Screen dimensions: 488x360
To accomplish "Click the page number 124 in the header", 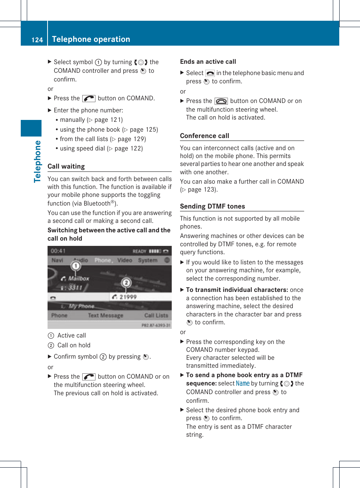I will (x=37, y=40).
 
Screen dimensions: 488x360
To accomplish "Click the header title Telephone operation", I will (x=91, y=39).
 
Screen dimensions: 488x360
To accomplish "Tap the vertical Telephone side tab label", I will (x=37, y=161).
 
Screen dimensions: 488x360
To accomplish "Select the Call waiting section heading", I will (x=66, y=166).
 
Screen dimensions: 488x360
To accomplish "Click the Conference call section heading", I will (x=205, y=136).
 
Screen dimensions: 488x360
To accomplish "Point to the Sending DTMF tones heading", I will (x=212, y=206).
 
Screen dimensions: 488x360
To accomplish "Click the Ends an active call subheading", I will (x=208, y=61).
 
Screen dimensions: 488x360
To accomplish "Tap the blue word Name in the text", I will (x=243, y=384).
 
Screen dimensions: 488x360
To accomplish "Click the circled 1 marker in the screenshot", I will (x=76, y=266).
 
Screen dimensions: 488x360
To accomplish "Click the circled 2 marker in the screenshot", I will (x=126, y=282).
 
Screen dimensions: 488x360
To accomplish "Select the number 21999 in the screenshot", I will (x=128, y=297).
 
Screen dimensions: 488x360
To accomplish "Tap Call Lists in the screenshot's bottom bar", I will (x=156, y=315).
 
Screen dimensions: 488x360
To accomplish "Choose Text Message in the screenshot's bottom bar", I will (x=105, y=315).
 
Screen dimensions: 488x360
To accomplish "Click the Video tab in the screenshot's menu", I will (x=125, y=260).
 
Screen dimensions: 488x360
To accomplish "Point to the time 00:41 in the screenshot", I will (x=58, y=251).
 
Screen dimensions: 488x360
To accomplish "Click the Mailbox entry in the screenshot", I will (x=78, y=278).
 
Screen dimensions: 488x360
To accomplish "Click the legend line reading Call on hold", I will (x=74, y=345).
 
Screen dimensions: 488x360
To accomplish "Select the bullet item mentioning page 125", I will (x=109, y=129).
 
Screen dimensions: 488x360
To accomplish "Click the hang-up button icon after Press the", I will (x=221, y=101).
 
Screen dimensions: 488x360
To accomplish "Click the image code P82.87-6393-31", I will (x=156, y=325).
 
